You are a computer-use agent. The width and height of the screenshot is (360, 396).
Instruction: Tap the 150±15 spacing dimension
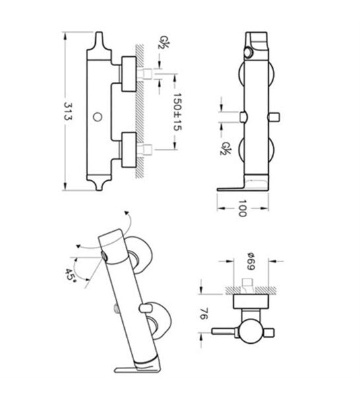click(x=178, y=112)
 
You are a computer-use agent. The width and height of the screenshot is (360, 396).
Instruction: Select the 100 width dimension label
click(x=242, y=209)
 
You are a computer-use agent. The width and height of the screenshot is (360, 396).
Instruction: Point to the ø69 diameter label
click(x=251, y=261)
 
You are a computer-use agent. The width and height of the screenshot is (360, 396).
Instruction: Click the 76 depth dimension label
click(x=204, y=313)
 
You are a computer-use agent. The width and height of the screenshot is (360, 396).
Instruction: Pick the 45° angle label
click(x=70, y=275)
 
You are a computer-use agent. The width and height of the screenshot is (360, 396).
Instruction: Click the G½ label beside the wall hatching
click(x=164, y=42)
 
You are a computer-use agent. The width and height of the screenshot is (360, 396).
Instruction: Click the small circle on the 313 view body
click(x=97, y=117)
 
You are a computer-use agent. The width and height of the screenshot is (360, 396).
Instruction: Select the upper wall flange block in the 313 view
click(x=129, y=74)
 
